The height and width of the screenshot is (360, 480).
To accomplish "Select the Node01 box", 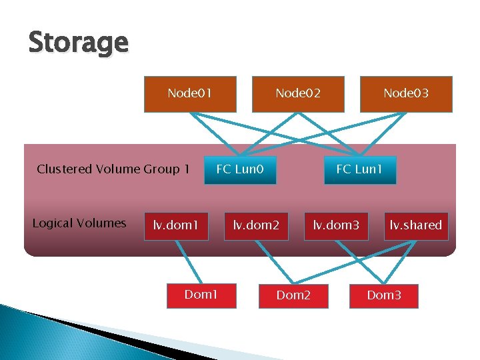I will click(190, 93).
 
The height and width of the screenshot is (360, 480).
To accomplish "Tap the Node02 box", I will click(298, 93).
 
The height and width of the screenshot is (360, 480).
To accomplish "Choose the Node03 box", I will click(406, 93).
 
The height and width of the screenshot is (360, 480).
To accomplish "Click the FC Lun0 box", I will click(240, 169).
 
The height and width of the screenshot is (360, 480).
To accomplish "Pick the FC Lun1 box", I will click(359, 169).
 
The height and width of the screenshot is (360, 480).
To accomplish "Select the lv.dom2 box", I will click(256, 225).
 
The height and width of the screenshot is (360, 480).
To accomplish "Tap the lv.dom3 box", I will click(337, 225).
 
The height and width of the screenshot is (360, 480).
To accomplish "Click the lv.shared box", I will click(416, 225).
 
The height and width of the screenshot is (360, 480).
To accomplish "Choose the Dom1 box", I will click(201, 295).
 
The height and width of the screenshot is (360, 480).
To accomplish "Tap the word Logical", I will click(52, 223).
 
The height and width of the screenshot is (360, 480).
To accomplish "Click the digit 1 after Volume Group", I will click(186, 169).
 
